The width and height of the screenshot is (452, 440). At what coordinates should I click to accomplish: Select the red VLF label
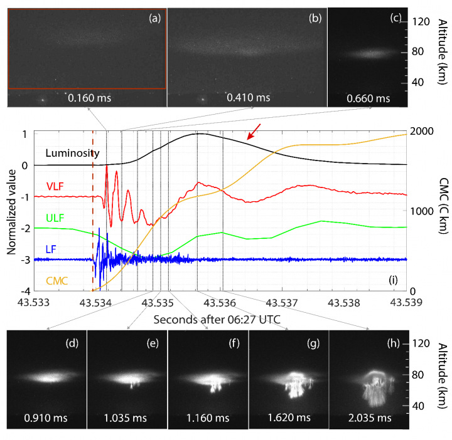click(x=56, y=186)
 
